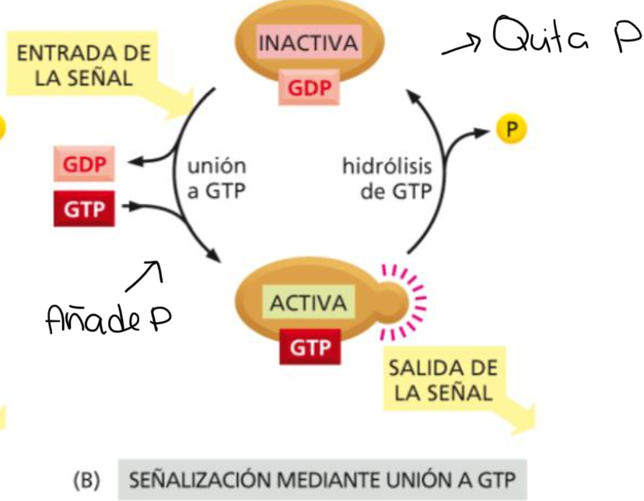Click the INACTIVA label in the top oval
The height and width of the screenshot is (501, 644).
click(308, 44)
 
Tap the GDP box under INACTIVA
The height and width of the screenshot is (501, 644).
click(308, 88)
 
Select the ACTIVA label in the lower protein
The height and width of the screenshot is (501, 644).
click(308, 303)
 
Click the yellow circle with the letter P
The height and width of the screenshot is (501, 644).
click(510, 130)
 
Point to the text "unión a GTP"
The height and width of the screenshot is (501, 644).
click(215, 178)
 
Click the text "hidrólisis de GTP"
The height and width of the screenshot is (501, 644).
click(387, 178)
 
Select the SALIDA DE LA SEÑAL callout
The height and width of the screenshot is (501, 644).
click(442, 380)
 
